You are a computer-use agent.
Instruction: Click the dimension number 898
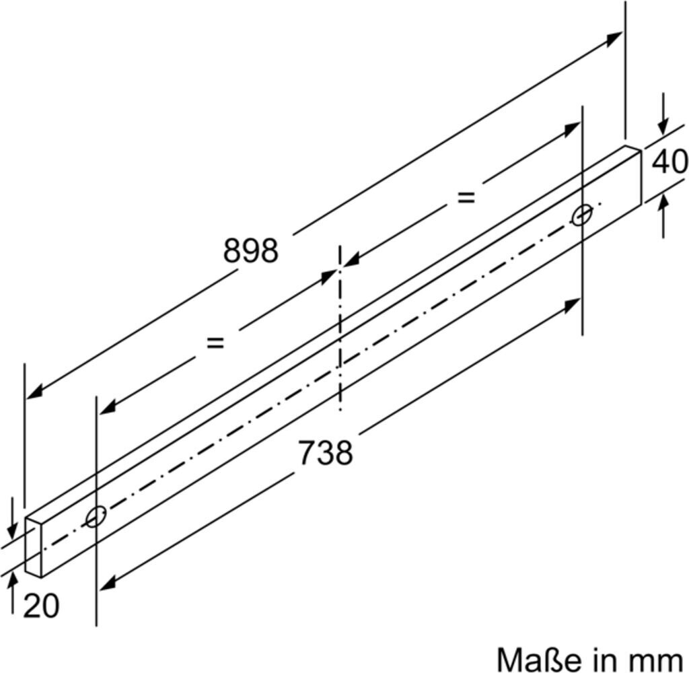(x=251, y=251)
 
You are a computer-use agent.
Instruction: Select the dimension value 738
(x=326, y=452)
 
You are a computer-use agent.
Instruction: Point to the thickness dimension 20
(x=41, y=606)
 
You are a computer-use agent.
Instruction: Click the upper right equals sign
(x=466, y=197)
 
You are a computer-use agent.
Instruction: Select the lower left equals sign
(x=215, y=343)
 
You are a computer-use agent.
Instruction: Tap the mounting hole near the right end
(x=583, y=215)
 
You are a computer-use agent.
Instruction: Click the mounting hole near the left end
(x=96, y=516)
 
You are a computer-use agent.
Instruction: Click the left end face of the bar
(x=34, y=546)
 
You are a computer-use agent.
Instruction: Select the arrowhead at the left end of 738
(x=108, y=583)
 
